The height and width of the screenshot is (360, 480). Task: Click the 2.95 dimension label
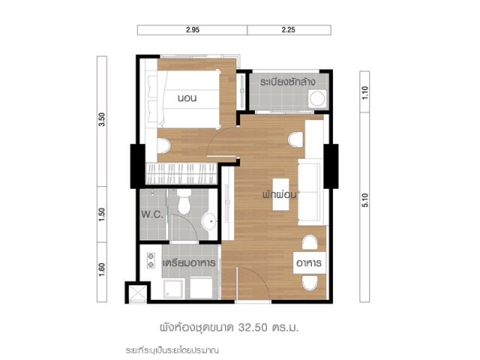193,30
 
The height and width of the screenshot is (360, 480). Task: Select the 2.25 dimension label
288,30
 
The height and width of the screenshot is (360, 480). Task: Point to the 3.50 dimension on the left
102,119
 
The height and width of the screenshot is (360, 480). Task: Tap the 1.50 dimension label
102,214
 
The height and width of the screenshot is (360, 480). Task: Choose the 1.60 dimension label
102,270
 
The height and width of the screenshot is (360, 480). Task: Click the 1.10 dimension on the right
364,93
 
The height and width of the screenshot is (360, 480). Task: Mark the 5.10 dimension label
364,200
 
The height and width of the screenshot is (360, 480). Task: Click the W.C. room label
152,214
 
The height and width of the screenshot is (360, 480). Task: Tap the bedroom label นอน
187,98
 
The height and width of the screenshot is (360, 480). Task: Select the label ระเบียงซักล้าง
288,82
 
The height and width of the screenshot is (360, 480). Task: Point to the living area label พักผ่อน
280,195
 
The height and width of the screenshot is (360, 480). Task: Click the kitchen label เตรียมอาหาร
189,263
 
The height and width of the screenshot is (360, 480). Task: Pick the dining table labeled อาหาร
309,262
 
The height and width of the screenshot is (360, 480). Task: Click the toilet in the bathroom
184,202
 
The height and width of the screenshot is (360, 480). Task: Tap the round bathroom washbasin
209,220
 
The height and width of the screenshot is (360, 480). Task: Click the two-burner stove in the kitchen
150,260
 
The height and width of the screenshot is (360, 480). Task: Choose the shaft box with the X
138,292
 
